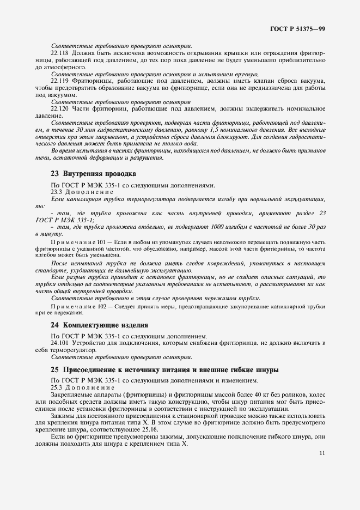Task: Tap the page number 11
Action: tap(322, 452)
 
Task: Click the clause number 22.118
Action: tap(60, 53)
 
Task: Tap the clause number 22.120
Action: tap(60, 109)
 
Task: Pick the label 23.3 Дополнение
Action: tap(82, 192)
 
